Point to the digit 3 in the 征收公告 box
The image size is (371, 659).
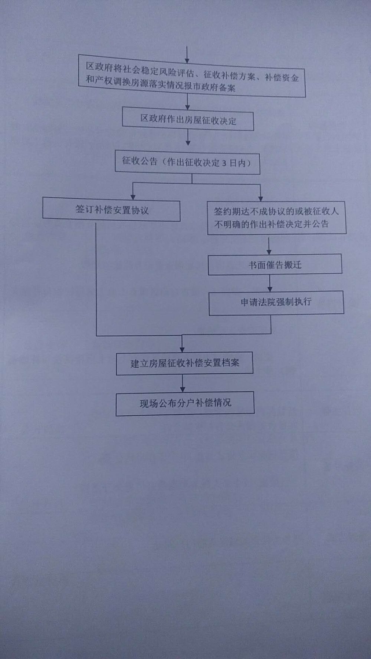[x=224, y=163]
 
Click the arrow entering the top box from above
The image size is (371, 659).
[x=187, y=55]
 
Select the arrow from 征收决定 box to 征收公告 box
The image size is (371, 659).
[x=188, y=138]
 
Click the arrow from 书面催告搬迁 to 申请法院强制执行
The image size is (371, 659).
[x=270, y=283]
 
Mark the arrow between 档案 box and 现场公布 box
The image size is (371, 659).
[x=183, y=383]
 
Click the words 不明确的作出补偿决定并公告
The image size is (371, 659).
[x=271, y=224]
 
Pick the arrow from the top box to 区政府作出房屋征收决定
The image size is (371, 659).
[x=188, y=101]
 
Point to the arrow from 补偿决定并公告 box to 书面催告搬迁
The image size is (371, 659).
[x=269, y=245]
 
